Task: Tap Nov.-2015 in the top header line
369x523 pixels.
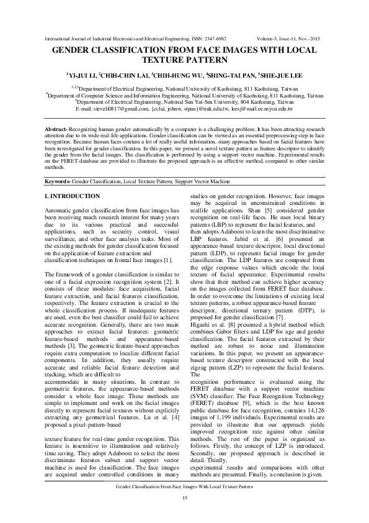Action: [313, 39]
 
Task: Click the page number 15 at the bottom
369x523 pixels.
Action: [184, 499]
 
